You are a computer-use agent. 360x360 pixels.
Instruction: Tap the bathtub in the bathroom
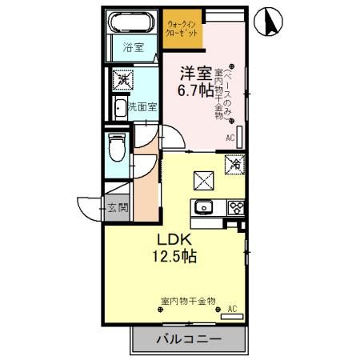click(133, 23)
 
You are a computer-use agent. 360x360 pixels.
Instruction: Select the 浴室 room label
click(133, 49)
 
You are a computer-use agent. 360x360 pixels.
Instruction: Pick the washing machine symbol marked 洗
click(123, 79)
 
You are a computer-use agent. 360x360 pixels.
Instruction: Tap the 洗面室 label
click(142, 106)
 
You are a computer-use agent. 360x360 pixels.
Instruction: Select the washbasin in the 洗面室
click(120, 106)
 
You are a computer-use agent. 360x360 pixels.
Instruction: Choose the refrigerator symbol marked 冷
click(234, 165)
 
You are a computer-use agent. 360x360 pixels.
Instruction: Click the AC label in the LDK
click(232, 307)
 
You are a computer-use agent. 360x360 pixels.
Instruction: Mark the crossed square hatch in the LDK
click(201, 181)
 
